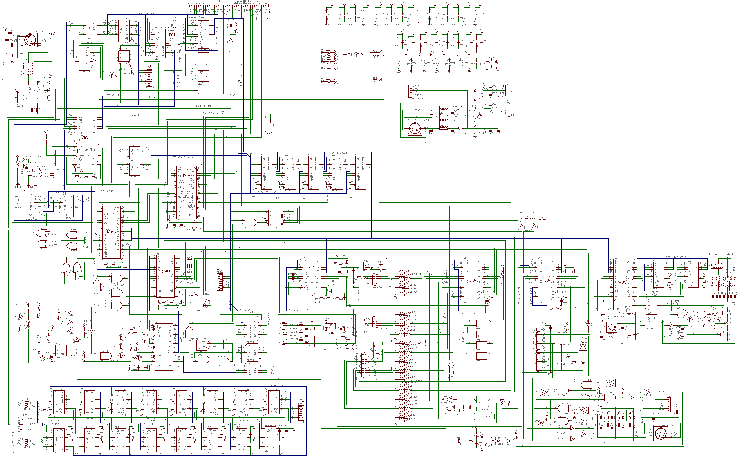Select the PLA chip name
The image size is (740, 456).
pos(187,176)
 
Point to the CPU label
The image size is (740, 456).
pos(166,271)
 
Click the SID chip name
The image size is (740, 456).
pos(312,268)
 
